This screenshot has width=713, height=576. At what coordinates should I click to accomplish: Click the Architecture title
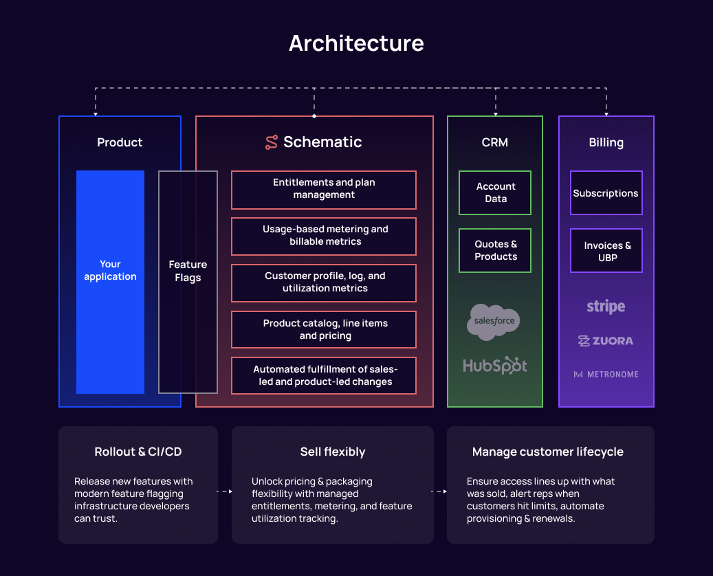click(356, 43)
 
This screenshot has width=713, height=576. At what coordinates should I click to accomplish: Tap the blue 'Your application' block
click(110, 282)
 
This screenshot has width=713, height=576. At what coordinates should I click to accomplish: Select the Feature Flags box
click(188, 282)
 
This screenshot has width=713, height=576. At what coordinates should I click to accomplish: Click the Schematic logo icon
click(272, 142)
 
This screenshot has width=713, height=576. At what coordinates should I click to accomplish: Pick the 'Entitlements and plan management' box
click(324, 189)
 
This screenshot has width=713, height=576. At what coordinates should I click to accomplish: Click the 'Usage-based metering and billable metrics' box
click(324, 236)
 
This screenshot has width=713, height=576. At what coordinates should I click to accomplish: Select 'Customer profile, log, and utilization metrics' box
click(324, 283)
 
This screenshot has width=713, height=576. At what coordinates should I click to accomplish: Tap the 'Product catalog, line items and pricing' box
click(324, 329)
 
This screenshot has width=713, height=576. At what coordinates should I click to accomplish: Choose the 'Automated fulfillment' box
click(324, 375)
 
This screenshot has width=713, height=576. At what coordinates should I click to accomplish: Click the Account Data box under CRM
click(495, 192)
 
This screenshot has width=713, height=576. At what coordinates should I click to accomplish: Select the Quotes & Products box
click(495, 250)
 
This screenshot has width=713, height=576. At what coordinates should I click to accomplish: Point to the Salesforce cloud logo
click(494, 322)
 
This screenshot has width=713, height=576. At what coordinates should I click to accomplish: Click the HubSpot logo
click(495, 366)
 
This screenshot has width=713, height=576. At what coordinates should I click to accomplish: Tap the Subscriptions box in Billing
click(606, 193)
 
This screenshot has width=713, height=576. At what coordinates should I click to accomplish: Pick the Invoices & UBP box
click(606, 251)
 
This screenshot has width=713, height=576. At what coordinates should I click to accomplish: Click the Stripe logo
click(606, 307)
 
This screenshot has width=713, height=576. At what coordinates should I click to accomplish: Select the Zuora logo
click(606, 341)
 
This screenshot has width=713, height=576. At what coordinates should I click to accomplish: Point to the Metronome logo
click(606, 375)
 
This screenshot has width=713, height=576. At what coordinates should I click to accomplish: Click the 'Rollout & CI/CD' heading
click(138, 452)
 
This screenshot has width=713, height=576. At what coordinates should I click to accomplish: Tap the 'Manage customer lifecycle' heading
click(548, 452)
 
